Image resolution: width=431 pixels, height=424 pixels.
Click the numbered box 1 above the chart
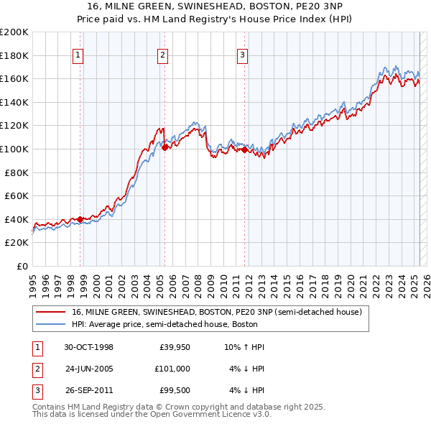[x=78, y=55]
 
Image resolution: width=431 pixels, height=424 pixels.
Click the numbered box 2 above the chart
[x=163, y=55]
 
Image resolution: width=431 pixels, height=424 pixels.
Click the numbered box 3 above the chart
[x=243, y=55]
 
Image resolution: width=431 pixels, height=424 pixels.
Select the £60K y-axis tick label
[x=17, y=195]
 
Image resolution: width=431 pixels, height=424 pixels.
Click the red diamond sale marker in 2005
[x=165, y=147]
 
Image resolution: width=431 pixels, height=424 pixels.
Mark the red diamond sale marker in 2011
[x=245, y=149]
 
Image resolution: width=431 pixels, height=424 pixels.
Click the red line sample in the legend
[x=51, y=312]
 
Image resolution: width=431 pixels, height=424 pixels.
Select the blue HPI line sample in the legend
[x=51, y=324]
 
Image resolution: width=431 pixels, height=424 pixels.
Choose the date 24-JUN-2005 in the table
[x=89, y=369]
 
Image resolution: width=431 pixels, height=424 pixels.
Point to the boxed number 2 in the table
[x=36, y=369]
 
